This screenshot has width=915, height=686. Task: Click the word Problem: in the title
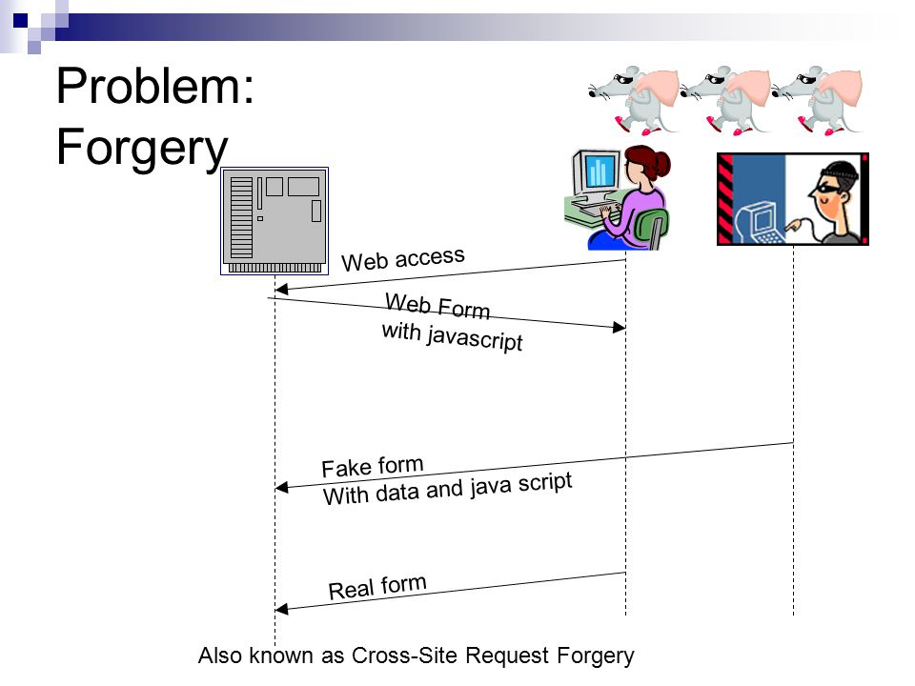coord(155,87)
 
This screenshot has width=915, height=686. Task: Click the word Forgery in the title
coord(142,148)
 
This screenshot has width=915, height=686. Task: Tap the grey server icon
coord(274,220)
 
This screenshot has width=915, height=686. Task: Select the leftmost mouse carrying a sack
coord(634,99)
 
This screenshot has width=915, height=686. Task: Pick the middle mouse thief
coord(726,100)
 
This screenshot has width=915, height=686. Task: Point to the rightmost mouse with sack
coord(817,100)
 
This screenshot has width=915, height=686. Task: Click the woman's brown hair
coord(648,162)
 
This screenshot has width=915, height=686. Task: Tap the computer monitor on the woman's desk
coord(596,172)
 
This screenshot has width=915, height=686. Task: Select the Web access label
coord(403,259)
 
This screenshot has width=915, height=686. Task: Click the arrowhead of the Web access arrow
coord(281,289)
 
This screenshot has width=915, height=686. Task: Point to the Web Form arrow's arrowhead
coord(620,327)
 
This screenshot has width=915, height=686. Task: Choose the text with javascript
coord(452,336)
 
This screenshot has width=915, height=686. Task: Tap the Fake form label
coord(373,466)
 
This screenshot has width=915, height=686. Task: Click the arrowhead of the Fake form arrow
coord(281,487)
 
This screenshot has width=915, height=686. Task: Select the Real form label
coord(377,587)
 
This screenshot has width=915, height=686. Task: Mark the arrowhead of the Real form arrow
coord(281,609)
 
